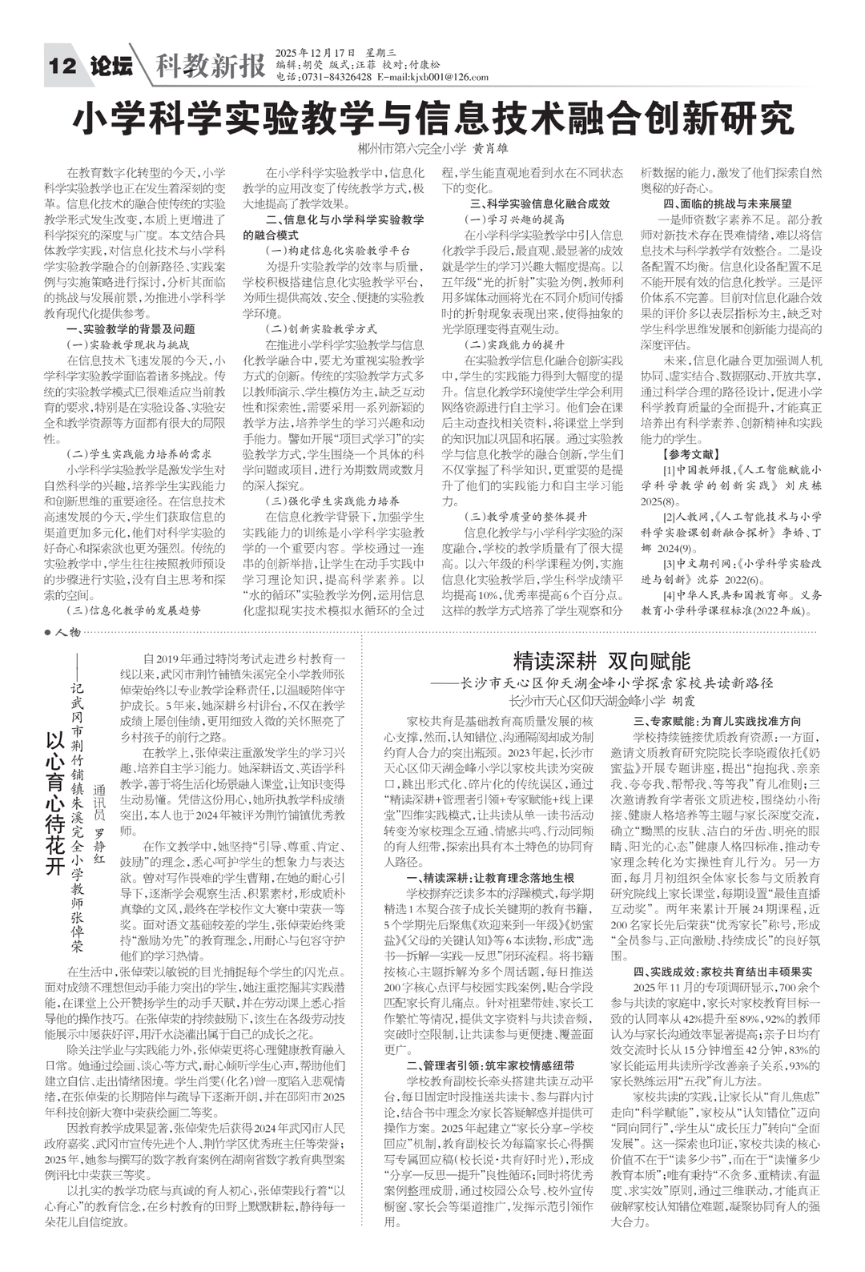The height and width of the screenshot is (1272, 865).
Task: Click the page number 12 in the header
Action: tap(62, 66)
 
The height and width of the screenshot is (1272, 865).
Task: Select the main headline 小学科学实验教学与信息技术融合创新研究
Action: tap(433, 119)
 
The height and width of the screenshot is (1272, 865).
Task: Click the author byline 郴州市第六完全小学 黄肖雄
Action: tap(433, 149)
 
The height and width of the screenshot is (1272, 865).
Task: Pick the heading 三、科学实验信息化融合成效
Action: tap(540, 203)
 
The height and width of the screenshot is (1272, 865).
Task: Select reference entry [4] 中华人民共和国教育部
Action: tap(742, 602)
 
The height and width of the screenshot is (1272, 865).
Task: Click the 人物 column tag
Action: tap(67, 633)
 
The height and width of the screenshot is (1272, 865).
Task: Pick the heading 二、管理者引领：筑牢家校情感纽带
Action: tap(490, 1065)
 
